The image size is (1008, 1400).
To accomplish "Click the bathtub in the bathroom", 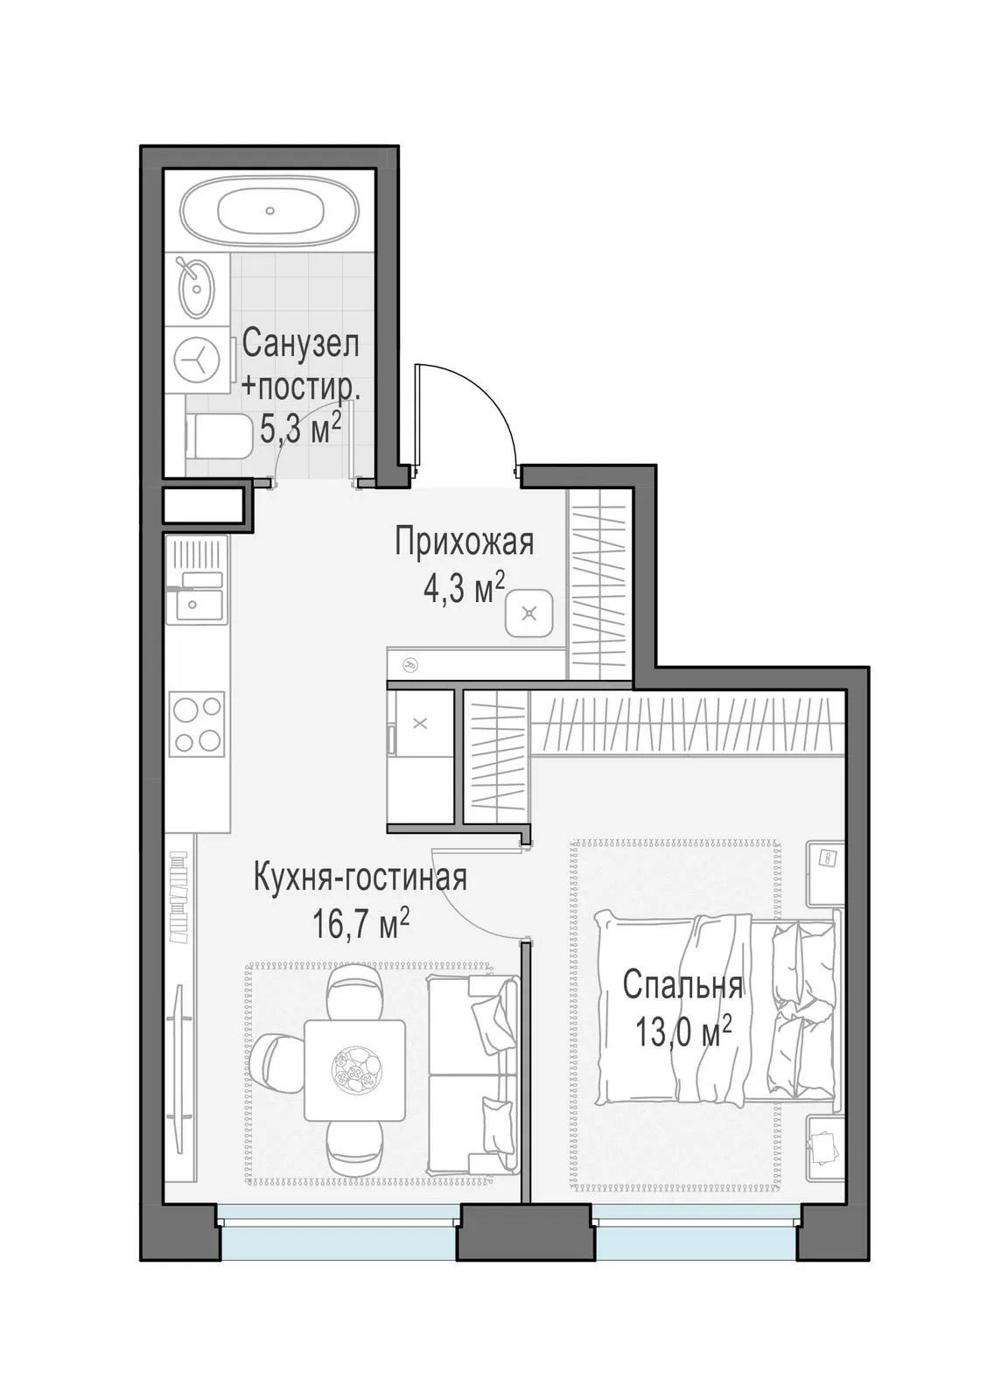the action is [x=270, y=211].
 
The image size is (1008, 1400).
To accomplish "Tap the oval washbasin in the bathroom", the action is [x=197, y=288].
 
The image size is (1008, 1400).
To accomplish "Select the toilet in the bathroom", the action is [x=218, y=436].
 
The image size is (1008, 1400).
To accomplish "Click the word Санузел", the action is [x=301, y=344].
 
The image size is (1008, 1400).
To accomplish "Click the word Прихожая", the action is [x=465, y=542].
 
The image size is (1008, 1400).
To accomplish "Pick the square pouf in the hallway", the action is [x=530, y=613].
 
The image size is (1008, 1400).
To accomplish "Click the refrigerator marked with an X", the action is [x=420, y=724].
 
